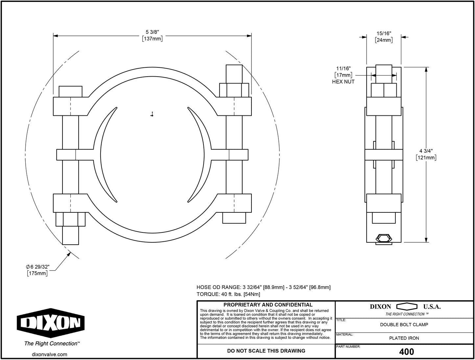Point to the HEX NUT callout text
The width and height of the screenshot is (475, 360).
tap(343, 82)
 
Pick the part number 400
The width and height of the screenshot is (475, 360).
tap(406, 352)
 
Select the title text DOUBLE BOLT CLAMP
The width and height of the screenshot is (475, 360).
tap(404, 324)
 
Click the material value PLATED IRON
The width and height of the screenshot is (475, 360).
tap(404, 338)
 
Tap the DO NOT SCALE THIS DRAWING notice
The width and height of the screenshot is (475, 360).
tap(266, 351)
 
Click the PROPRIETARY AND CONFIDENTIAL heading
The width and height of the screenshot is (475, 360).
tap(268, 305)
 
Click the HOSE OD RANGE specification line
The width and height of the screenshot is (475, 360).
tap(263, 287)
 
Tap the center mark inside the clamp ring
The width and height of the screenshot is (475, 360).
tap(152, 114)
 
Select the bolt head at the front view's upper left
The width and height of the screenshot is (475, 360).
tap(70, 91)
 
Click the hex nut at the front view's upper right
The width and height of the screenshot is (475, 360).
tap(234, 90)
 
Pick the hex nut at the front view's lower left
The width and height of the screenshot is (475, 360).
tap(70, 219)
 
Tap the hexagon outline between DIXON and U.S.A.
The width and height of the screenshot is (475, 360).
tap(407, 307)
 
